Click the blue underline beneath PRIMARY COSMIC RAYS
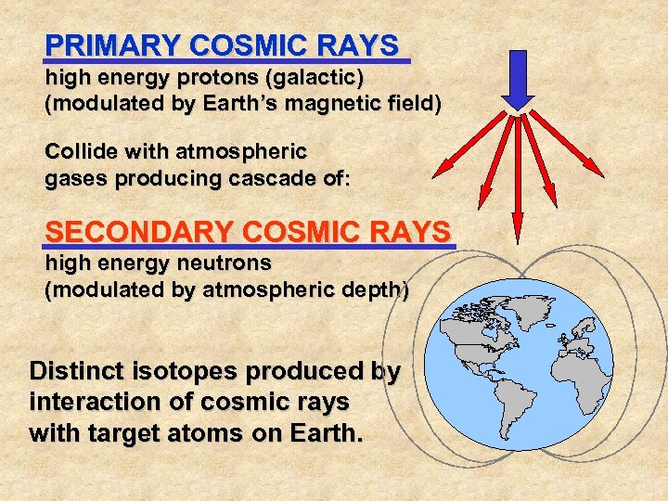[x=227, y=62]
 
